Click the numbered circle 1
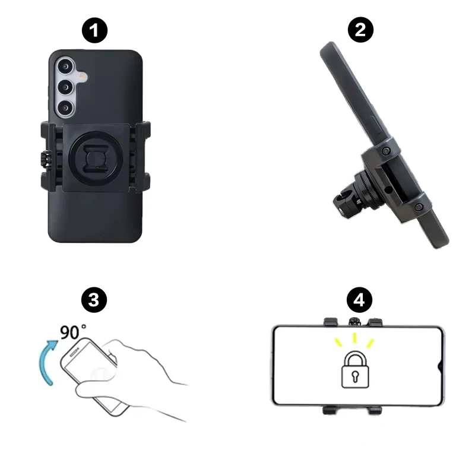point(94,31)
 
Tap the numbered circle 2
point(360,30)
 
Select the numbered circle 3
point(94,300)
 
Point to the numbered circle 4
point(359,300)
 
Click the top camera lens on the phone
point(65,66)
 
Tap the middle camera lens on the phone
point(65,87)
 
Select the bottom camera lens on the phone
point(65,108)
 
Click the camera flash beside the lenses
point(82,77)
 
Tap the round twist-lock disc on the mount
point(96,158)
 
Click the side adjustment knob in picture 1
point(45,158)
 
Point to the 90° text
point(72,332)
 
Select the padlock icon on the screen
point(355,369)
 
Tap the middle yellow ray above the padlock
point(354,338)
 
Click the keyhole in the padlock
point(355,376)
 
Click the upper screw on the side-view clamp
point(385,151)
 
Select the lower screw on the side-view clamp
point(419,207)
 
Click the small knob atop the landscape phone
point(354,321)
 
